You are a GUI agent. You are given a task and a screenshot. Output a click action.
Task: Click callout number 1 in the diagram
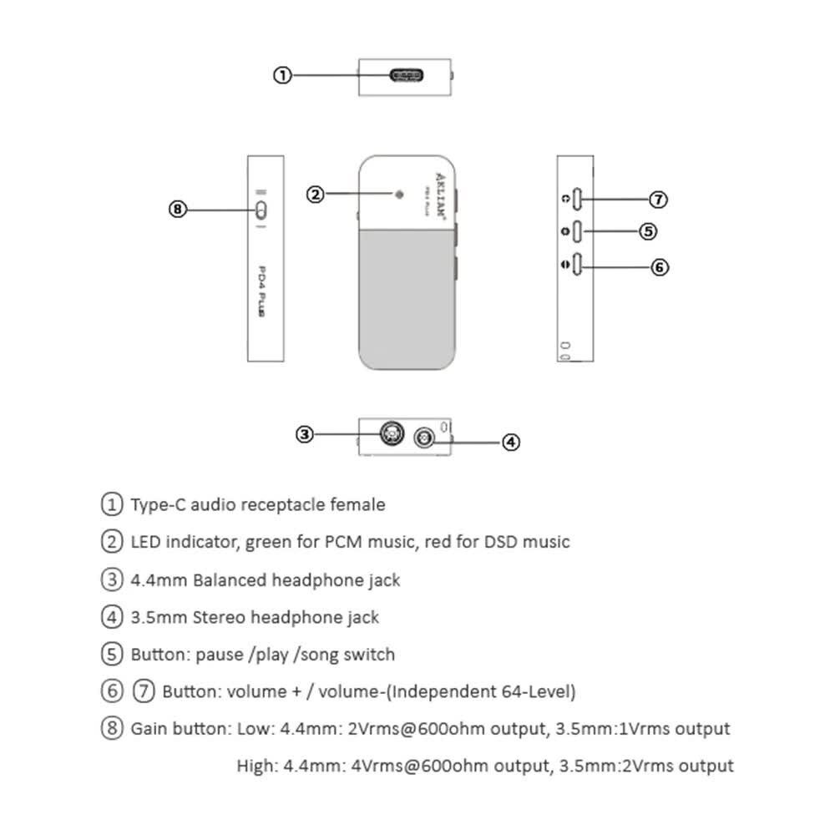click(282, 75)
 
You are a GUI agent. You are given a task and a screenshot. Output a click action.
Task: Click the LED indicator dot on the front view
click(399, 195)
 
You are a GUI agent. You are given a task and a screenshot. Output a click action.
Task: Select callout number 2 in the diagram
click(315, 195)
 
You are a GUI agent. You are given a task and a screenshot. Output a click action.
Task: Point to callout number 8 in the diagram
click(177, 209)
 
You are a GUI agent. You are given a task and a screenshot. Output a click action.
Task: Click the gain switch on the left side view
click(261, 209)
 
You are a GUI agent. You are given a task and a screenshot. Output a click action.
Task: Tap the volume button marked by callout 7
click(578, 200)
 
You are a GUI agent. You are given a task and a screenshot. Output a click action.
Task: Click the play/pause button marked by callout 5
click(578, 231)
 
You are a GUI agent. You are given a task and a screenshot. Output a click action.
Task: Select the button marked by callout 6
click(578, 266)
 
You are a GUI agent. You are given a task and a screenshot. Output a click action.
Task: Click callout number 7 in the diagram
click(660, 200)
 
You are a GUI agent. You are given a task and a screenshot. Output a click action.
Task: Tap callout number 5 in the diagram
click(648, 231)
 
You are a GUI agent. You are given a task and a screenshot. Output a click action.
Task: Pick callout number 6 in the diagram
click(660, 266)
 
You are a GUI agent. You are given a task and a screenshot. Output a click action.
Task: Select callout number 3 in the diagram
click(306, 433)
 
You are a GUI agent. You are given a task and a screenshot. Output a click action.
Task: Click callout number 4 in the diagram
click(511, 442)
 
